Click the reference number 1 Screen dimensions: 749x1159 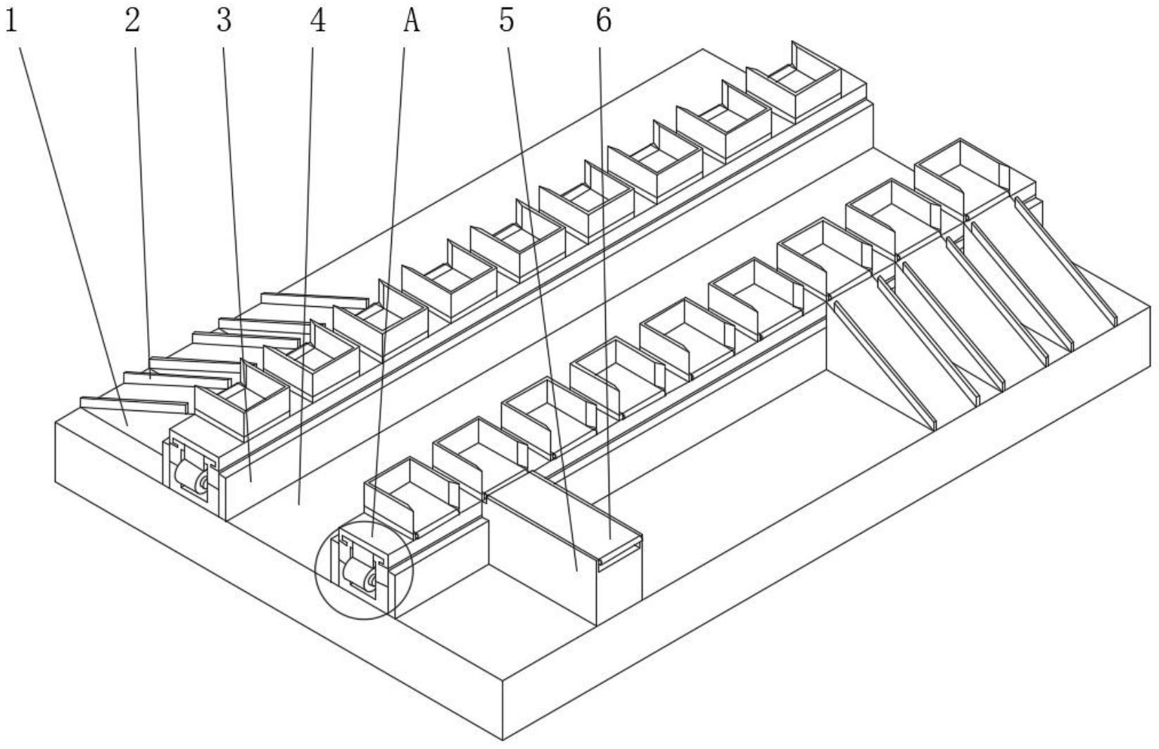point(11,21)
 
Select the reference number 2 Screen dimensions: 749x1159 point(132,21)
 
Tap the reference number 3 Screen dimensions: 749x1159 point(224,21)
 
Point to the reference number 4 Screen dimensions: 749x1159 point(318,21)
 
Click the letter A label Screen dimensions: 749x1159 point(412,21)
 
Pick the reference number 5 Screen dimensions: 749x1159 point(507,21)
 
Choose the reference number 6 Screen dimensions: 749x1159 point(604,21)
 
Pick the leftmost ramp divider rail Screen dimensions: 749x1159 point(883,363)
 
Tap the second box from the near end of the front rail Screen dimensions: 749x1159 point(479,454)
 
